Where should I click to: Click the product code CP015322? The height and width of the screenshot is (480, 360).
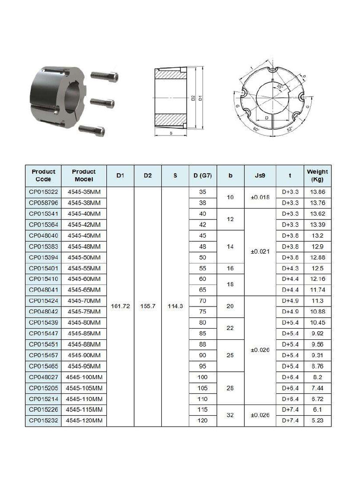[43, 192]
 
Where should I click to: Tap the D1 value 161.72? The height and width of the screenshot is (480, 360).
[120, 306]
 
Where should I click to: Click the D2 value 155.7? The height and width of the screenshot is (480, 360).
[148, 306]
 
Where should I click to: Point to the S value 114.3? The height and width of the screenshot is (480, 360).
[175, 306]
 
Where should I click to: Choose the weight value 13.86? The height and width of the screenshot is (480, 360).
[317, 192]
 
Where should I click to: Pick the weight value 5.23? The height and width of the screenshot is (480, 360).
[317, 421]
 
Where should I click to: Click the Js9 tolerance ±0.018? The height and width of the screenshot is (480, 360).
[260, 198]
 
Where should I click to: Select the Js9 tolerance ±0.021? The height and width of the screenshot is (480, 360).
[260, 252]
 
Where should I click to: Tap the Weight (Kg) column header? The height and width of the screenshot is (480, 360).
[317, 176]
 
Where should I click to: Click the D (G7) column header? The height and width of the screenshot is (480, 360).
[202, 176]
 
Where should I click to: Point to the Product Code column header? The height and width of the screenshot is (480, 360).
[43, 176]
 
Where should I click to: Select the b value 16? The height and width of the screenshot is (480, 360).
[230, 268]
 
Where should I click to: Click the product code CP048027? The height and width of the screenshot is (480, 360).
[43, 377]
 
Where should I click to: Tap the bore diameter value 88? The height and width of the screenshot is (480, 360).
[202, 345]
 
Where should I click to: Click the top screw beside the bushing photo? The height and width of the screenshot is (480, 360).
[104, 75]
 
